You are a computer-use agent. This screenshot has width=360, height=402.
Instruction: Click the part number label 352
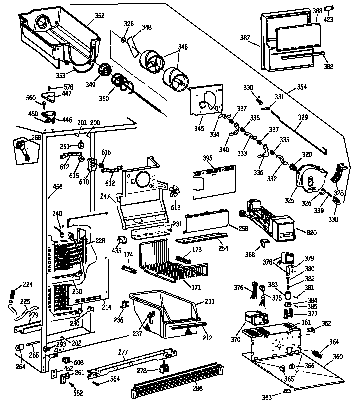coord(100,15)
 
